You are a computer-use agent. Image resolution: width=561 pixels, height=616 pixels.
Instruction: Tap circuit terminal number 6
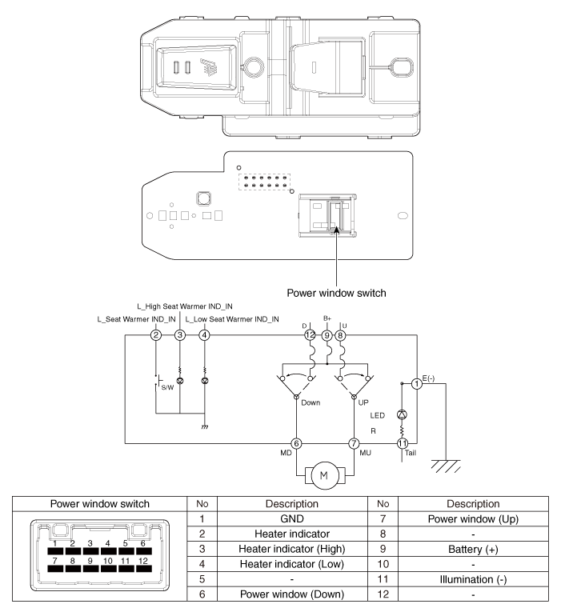coord(296,442)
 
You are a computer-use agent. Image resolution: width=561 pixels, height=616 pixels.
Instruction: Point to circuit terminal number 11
coord(403,442)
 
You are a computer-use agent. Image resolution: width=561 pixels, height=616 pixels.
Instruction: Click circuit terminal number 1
coord(417,383)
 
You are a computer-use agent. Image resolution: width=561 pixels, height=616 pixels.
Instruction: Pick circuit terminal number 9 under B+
coord(327,335)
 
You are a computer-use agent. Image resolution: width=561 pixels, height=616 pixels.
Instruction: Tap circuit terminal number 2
coord(156,335)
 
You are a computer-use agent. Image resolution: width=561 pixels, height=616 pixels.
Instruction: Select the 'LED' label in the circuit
coord(378,415)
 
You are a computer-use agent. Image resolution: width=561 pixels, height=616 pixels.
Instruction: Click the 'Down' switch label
coord(311,402)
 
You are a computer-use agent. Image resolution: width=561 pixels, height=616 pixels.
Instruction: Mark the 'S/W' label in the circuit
coord(167,387)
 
